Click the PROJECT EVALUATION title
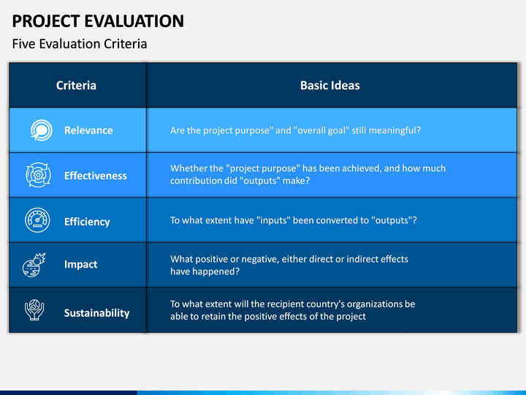[98, 20]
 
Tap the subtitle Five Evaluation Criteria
[80, 44]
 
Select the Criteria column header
[76, 86]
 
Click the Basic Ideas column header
[329, 86]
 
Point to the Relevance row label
[88, 130]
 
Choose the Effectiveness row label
[96, 176]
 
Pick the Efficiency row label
[87, 222]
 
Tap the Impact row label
[81, 264]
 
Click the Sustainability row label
[96, 313]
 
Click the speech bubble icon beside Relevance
[42, 130]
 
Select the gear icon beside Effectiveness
[38, 175]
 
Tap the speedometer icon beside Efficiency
[37, 220]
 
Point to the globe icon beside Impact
[34, 266]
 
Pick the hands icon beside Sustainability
[34, 309]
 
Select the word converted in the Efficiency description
[337, 220]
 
